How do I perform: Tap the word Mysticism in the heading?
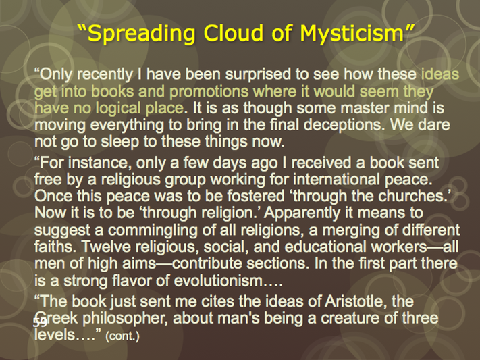pyautogui.click(x=352, y=33)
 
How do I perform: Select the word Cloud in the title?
pyautogui.click(x=234, y=32)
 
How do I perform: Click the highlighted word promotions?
pyautogui.click(x=209, y=91)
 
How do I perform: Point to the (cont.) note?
pyautogui.click(x=122, y=336)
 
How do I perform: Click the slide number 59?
pyautogui.click(x=40, y=323)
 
